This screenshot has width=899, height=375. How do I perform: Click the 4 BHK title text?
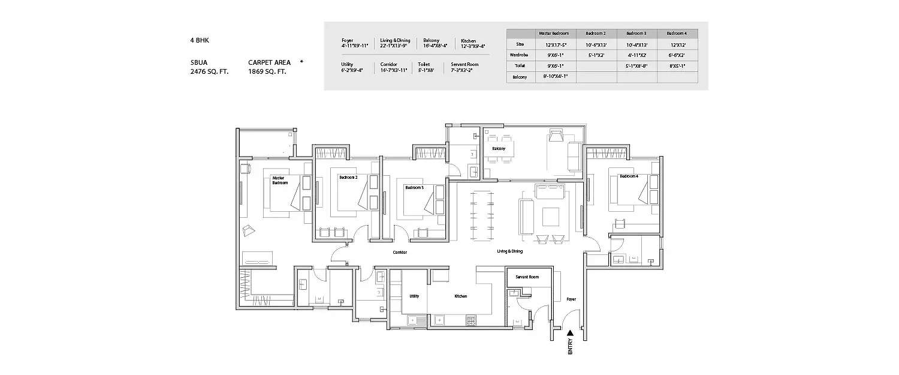pyautogui.click(x=200, y=40)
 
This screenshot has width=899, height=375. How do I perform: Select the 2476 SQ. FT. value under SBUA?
pyautogui.click(x=209, y=71)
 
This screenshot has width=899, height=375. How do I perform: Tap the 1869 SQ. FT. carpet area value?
pyautogui.click(x=267, y=71)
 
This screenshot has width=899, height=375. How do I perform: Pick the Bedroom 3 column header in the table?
pyautogui.click(x=636, y=33)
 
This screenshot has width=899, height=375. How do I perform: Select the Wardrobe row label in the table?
pyautogui.click(x=520, y=55)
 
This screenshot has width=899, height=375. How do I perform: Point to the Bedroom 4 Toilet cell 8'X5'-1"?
pyautogui.click(x=677, y=66)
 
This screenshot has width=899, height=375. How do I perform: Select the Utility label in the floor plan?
pyautogui.click(x=414, y=296)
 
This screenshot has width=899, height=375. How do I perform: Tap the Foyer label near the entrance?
pyautogui.click(x=572, y=298)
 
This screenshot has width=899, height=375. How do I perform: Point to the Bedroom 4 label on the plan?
pyautogui.click(x=629, y=176)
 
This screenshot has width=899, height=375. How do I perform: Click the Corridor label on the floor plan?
pyautogui.click(x=400, y=253)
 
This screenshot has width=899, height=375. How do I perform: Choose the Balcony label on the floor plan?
pyautogui.click(x=499, y=148)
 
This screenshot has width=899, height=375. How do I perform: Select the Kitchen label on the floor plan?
pyautogui.click(x=460, y=296)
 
